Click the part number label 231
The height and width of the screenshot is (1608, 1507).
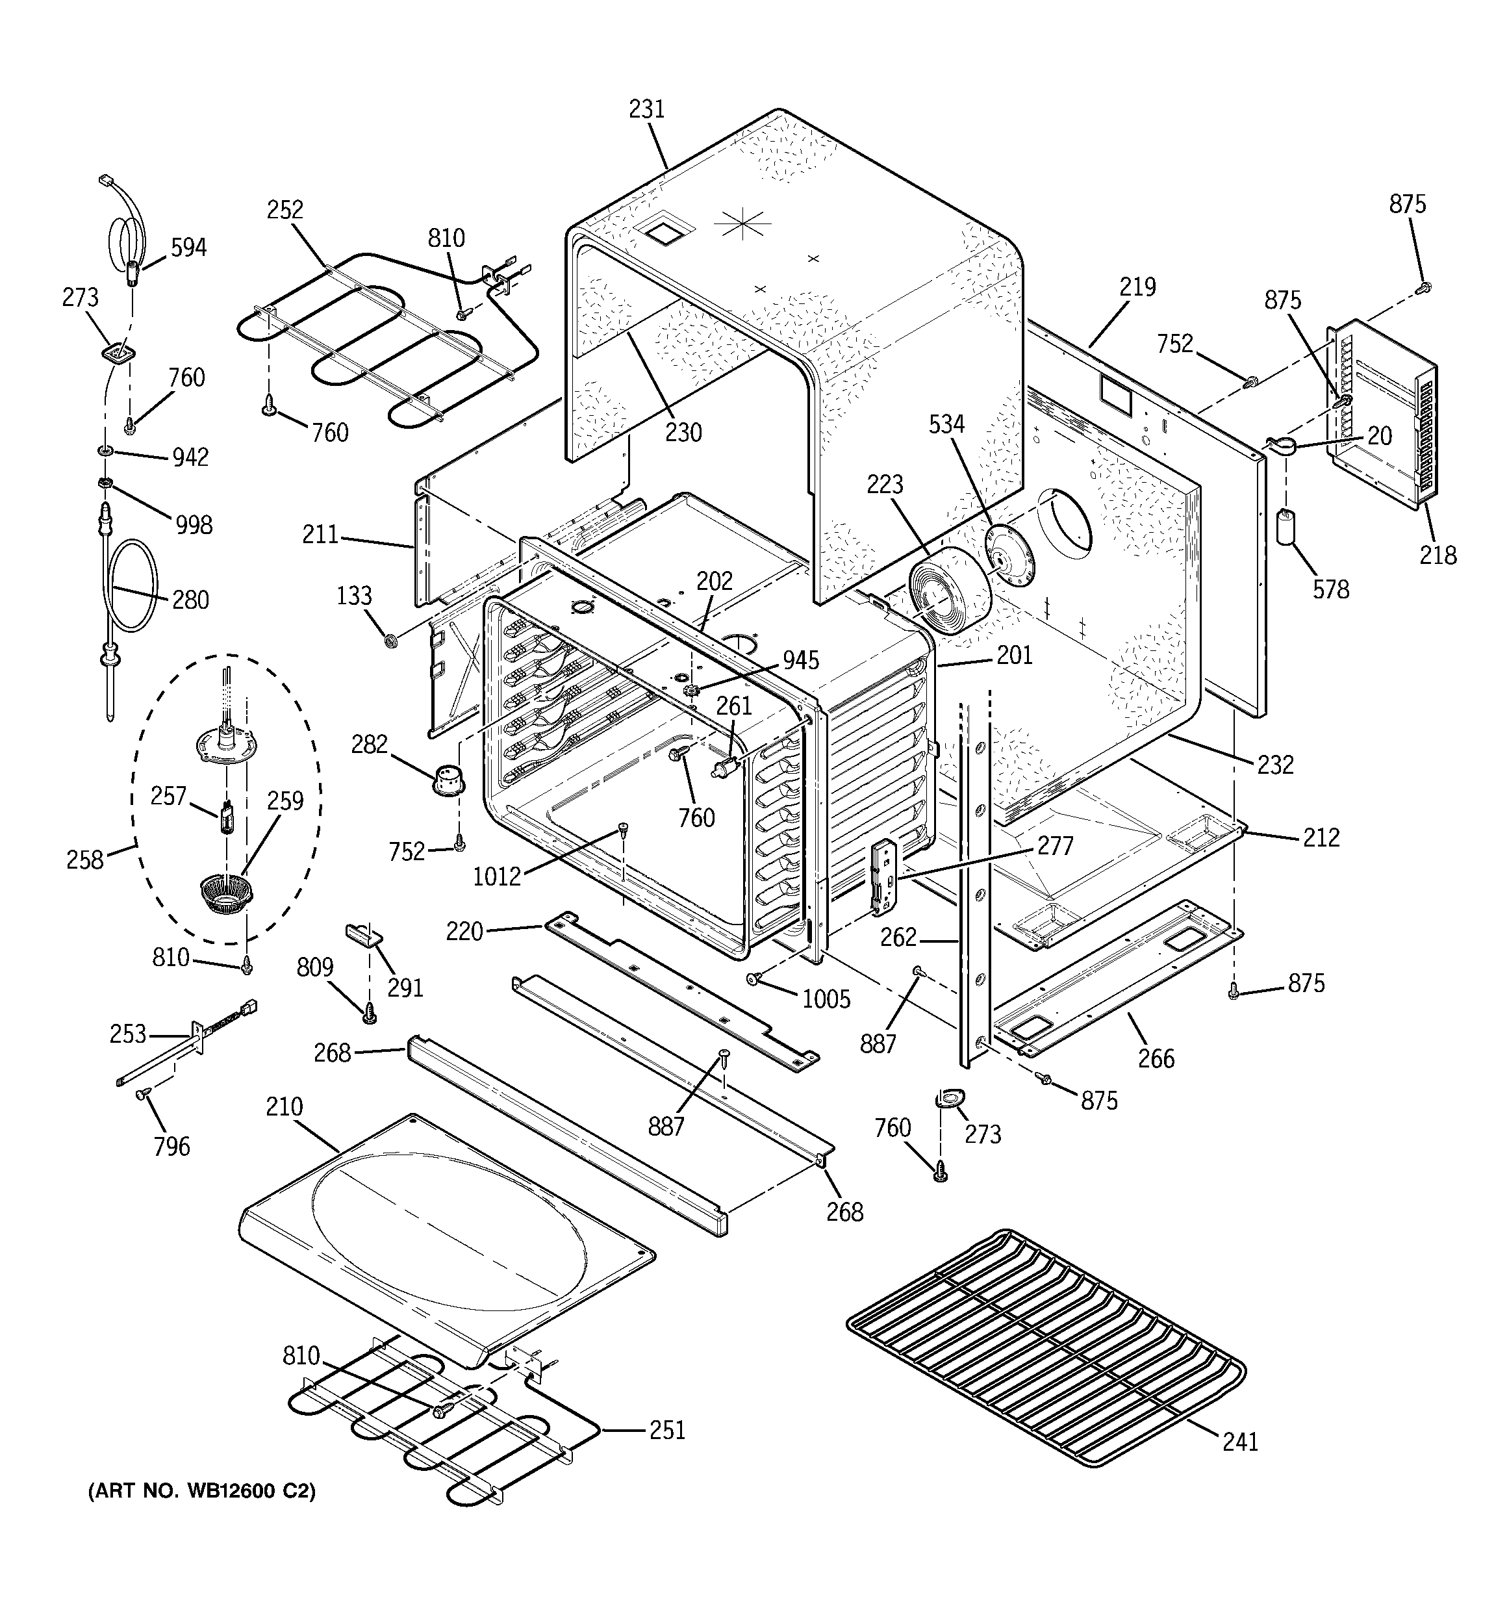[x=646, y=109]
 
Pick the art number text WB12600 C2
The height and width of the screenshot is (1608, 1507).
[x=201, y=1490]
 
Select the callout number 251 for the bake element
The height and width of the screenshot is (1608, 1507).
[x=666, y=1430]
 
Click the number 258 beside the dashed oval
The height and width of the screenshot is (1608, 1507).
[x=85, y=859]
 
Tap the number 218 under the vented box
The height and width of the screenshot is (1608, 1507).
[x=1437, y=555]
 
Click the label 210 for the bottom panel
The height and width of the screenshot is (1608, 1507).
[x=284, y=1106]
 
